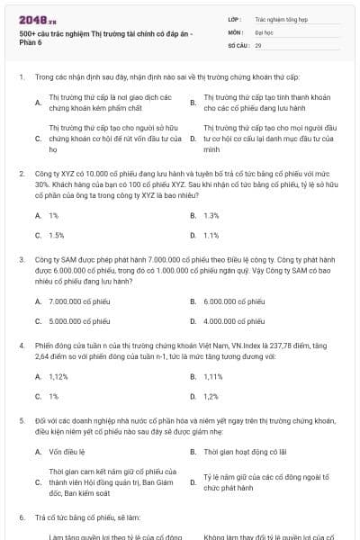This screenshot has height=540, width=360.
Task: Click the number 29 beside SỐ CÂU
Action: [x=258, y=44]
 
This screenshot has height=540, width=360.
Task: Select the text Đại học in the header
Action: [x=263, y=31]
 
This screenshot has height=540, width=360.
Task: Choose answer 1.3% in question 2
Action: [x=211, y=215]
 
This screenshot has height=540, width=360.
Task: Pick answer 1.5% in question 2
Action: [x=56, y=235]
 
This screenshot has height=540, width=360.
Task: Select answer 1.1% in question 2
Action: [x=211, y=235]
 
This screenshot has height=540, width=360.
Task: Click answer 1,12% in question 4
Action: [x=58, y=376]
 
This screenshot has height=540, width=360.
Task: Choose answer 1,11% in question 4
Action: [x=213, y=376]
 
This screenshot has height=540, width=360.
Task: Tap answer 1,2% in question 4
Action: [x=211, y=396]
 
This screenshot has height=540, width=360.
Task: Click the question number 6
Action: [x=22, y=517]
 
